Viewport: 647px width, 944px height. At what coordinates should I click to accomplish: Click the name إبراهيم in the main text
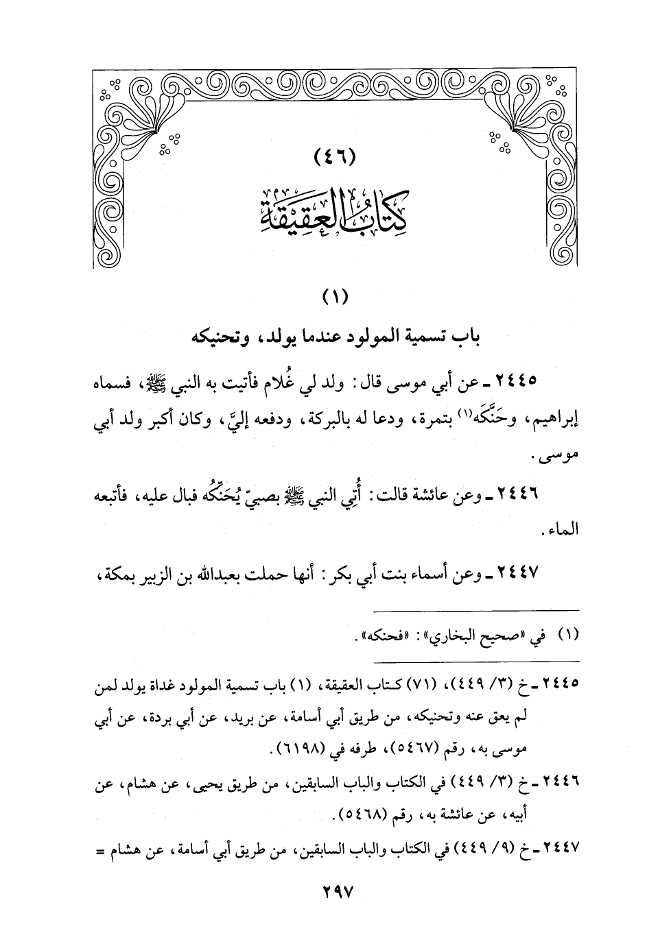(554, 420)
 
